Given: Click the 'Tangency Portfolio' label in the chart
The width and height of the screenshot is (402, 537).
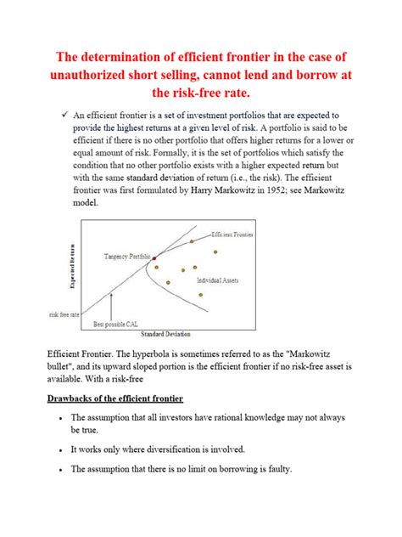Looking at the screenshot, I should (x=127, y=256).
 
